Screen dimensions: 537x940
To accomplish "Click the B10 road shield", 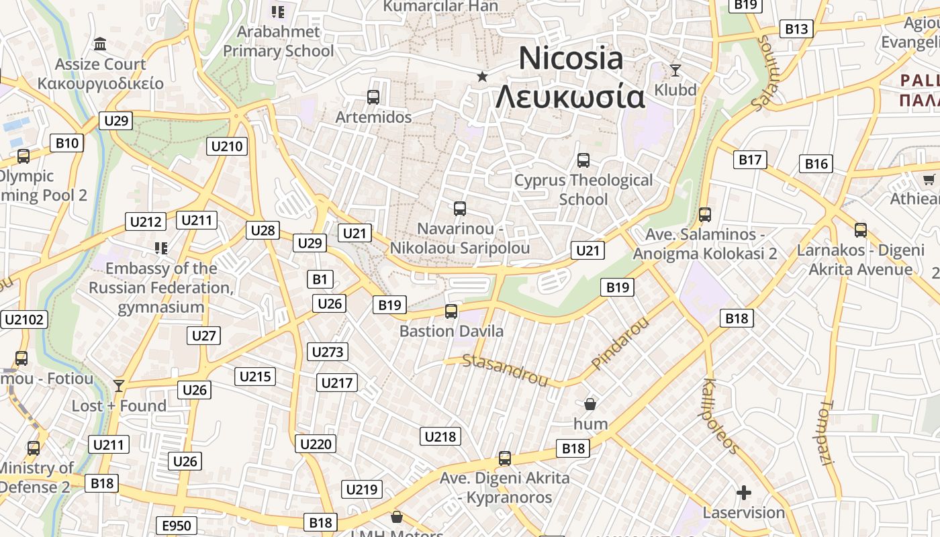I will pyautogui.click(x=66, y=142).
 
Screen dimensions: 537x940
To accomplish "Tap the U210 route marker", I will pyautogui.click(x=228, y=146).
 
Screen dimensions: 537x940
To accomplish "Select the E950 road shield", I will pyautogui.click(x=177, y=525).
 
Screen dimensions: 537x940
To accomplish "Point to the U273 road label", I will pyautogui.click(x=328, y=351).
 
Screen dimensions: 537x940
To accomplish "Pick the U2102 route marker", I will pyautogui.click(x=25, y=320).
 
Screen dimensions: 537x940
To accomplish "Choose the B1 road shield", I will pyautogui.click(x=320, y=279).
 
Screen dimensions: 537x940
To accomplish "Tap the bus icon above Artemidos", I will pyautogui.click(x=373, y=97).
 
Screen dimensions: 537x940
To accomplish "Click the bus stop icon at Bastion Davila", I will pyautogui.click(x=451, y=311).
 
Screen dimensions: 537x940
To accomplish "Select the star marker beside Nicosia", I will pyautogui.click(x=482, y=77).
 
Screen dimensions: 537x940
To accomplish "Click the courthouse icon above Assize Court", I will pyautogui.click(x=100, y=44).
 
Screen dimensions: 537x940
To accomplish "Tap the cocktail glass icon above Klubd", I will pyautogui.click(x=675, y=70).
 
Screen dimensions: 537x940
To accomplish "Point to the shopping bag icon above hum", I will pyautogui.click(x=590, y=404).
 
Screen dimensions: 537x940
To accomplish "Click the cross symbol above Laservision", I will pyautogui.click(x=744, y=493).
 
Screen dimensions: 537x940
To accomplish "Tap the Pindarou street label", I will pyautogui.click(x=621, y=343).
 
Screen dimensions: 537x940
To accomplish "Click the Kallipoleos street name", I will pyautogui.click(x=720, y=416).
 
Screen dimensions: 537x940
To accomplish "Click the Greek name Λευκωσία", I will pyautogui.click(x=570, y=97).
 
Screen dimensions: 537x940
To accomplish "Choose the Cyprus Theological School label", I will pyautogui.click(x=583, y=189).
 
